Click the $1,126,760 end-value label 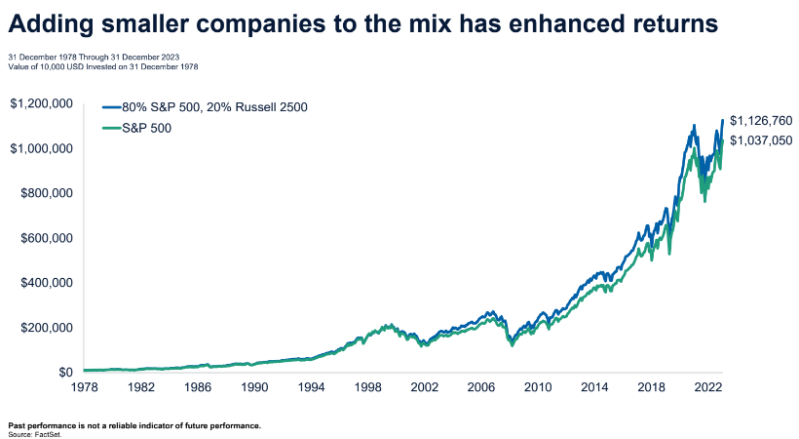click(761, 121)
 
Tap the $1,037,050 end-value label click(761, 140)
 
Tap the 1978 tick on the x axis click(85, 386)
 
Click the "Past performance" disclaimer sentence click(134, 424)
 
